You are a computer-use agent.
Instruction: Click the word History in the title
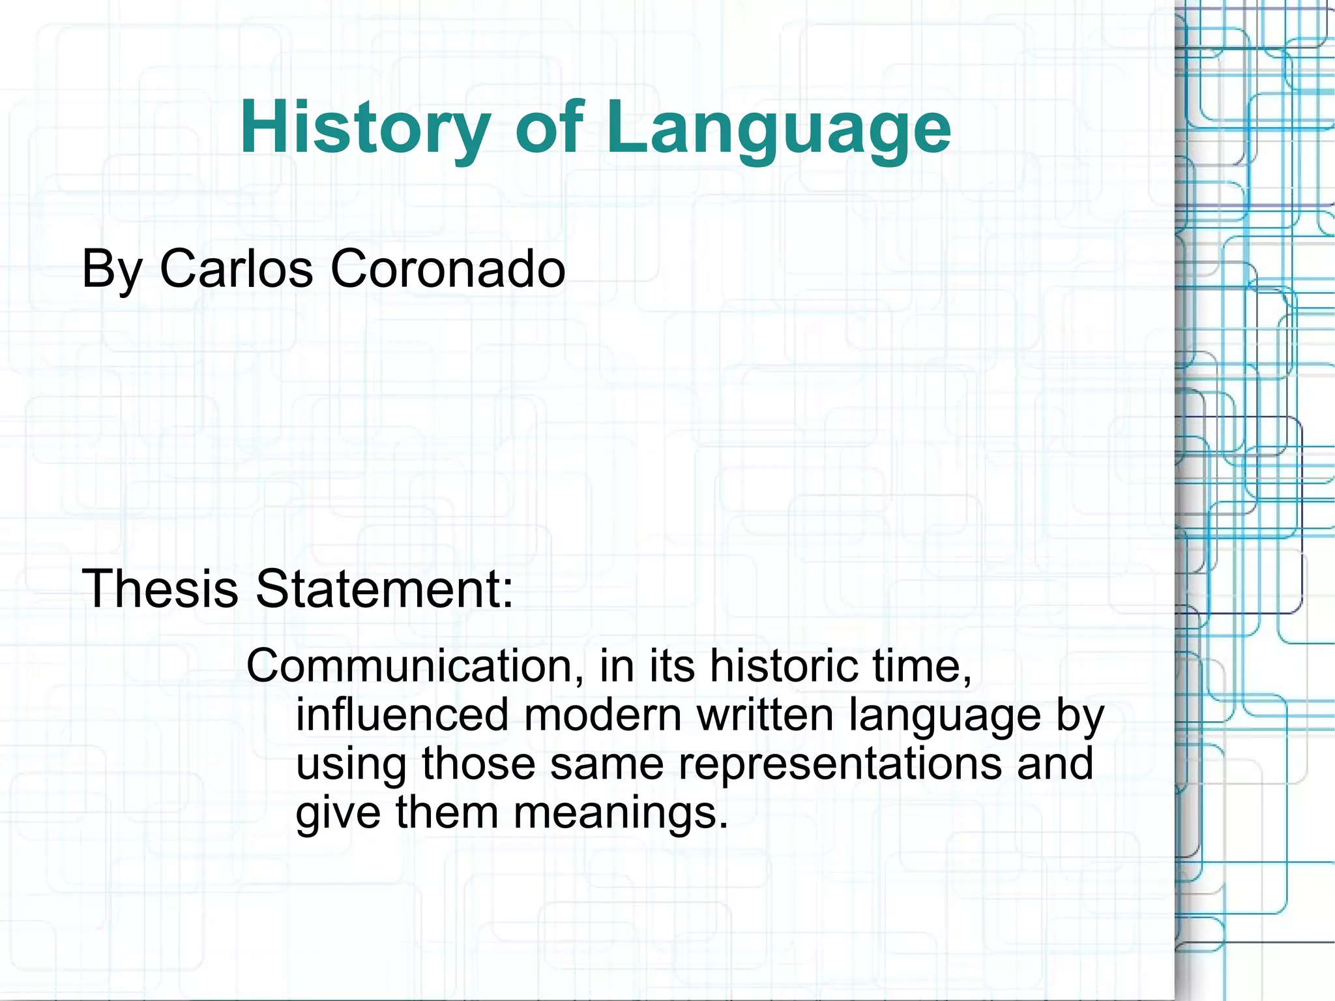(365, 127)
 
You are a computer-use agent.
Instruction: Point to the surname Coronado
(448, 268)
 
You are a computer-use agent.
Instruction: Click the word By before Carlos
(111, 268)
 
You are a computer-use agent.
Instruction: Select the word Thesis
(160, 588)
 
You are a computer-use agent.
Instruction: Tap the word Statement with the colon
(384, 588)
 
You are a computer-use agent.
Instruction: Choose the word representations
(840, 764)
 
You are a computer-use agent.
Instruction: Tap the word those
(478, 764)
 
